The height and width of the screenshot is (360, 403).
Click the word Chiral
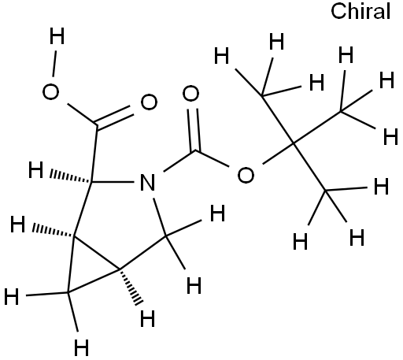tap(360, 12)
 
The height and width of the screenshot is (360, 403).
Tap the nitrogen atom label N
tap(147, 182)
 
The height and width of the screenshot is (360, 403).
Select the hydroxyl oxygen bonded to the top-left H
tap(50, 92)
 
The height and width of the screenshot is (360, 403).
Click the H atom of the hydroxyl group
tap(57, 36)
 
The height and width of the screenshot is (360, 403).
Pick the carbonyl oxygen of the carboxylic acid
tap(149, 102)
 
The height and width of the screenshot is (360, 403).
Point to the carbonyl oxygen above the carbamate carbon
tap(190, 94)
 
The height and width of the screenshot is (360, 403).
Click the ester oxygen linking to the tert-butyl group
tap(246, 175)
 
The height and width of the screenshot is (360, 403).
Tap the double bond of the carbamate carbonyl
tap(194, 129)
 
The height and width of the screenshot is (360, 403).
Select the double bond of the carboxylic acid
tap(114, 117)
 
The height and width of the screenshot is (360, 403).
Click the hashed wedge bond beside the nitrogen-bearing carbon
tap(70, 176)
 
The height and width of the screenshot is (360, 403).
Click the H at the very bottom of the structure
tap(81, 347)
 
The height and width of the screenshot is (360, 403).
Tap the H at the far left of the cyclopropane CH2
tap(12, 296)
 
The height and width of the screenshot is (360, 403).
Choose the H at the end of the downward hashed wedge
tap(148, 318)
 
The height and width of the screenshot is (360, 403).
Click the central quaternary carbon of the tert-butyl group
tap(294, 144)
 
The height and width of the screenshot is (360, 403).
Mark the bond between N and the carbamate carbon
tap(179, 161)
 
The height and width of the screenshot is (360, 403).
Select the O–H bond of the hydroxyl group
tap(54, 64)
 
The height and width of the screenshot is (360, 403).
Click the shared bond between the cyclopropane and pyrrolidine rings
tap(97, 253)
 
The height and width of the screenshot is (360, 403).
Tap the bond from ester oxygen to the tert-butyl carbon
tap(278, 154)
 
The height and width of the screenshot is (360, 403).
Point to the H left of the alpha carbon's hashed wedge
tap(35, 170)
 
